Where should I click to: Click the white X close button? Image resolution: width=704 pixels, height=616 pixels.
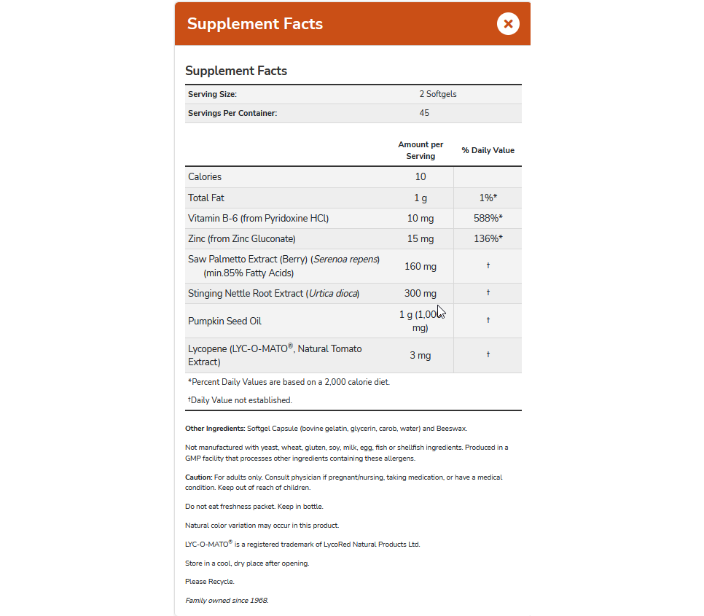pos(508,23)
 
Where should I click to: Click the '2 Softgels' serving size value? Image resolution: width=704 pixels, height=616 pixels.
pos(437,94)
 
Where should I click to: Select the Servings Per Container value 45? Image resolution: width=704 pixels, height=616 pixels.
pos(424,113)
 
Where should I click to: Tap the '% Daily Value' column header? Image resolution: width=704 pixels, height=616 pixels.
pos(488,150)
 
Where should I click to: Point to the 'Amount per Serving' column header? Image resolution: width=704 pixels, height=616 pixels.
pos(421,150)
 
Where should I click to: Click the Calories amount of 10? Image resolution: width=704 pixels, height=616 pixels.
pos(421,176)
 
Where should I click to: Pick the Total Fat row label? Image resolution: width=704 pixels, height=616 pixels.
pos(206,198)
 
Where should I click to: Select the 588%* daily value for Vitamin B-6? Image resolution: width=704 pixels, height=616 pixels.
pos(488,218)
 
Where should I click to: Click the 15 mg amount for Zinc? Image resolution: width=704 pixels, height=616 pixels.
pos(421,238)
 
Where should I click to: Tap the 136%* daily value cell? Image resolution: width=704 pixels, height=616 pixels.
pos(488,238)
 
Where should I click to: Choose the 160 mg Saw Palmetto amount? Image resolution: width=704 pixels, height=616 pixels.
pos(421,266)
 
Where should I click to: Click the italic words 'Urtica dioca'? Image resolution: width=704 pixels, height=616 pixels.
pos(333,293)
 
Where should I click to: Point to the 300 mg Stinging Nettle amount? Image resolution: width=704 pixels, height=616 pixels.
pos(421,293)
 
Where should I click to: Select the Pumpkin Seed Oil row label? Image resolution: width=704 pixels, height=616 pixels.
pos(224,321)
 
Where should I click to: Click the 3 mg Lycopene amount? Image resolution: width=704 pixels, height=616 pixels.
pos(421,355)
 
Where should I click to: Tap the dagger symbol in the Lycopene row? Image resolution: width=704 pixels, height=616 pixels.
pos(488,354)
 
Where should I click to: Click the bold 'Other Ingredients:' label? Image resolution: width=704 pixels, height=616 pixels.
pos(215,429)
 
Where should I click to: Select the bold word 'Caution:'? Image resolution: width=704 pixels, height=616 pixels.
pos(199,477)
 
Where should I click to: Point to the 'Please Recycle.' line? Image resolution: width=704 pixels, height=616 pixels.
pos(210,582)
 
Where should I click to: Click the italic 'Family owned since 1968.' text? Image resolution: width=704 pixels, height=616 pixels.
pos(227,601)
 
